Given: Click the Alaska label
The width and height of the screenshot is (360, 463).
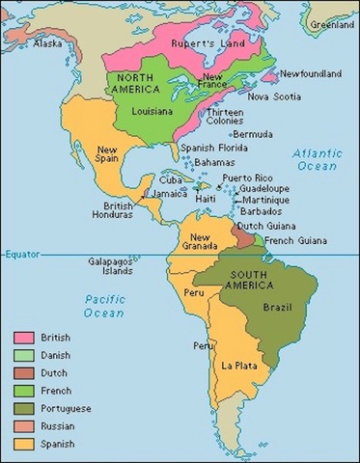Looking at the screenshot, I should [48, 42].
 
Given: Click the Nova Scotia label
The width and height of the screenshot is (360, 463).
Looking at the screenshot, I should [272, 95].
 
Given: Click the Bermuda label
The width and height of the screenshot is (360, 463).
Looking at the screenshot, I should [253, 134].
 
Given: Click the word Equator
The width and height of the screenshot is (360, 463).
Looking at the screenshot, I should [20, 254].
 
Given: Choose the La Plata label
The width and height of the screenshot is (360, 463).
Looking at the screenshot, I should [237, 366].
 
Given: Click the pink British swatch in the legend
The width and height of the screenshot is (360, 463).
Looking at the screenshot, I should [26, 338].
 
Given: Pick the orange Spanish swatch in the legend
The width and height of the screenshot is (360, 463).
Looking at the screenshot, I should [26, 443].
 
